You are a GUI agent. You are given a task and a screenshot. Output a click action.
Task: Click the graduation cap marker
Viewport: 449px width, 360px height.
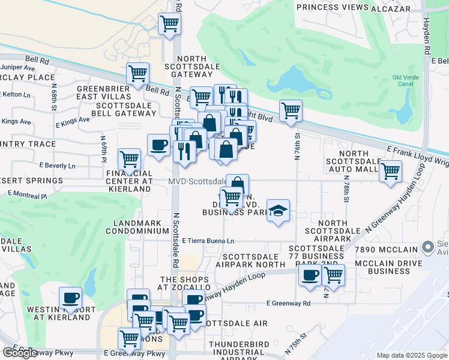coord(278,211)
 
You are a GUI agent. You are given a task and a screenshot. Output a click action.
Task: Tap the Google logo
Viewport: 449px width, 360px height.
coord(20,353)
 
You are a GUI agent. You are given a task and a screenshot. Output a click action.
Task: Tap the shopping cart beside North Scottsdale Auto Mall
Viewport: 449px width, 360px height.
coord(391,170)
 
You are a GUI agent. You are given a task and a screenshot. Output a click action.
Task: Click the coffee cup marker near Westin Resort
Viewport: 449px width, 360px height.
coord(70,298)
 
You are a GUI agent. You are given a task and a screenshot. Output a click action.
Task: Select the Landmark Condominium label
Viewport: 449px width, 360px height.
coord(137,227)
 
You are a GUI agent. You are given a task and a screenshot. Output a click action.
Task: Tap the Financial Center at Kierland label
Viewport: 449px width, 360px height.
coord(128,181)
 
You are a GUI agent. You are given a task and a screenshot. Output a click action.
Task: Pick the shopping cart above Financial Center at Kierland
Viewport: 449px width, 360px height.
coord(130,159)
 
